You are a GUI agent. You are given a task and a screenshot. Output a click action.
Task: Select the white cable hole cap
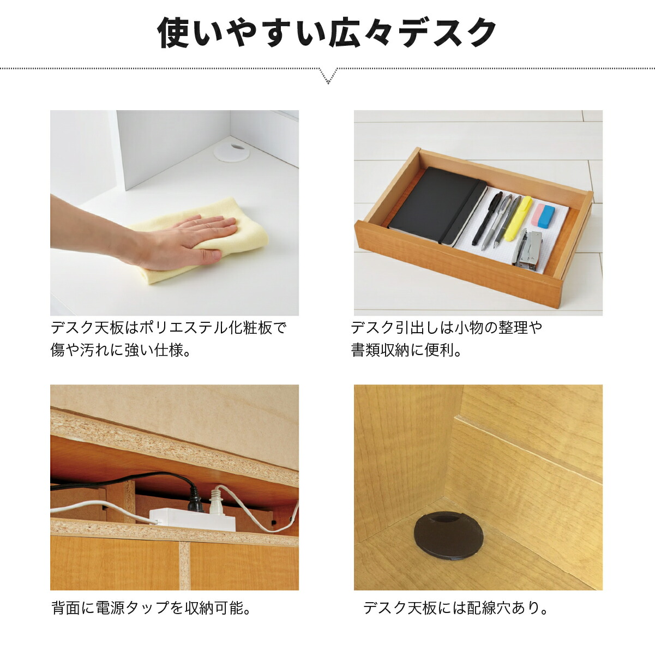click(231, 151)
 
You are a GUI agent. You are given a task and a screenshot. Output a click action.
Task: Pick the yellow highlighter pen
click(518, 218)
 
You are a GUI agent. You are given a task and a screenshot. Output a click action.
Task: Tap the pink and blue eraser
click(543, 215)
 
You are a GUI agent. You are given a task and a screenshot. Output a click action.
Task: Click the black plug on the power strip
click(195, 499)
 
